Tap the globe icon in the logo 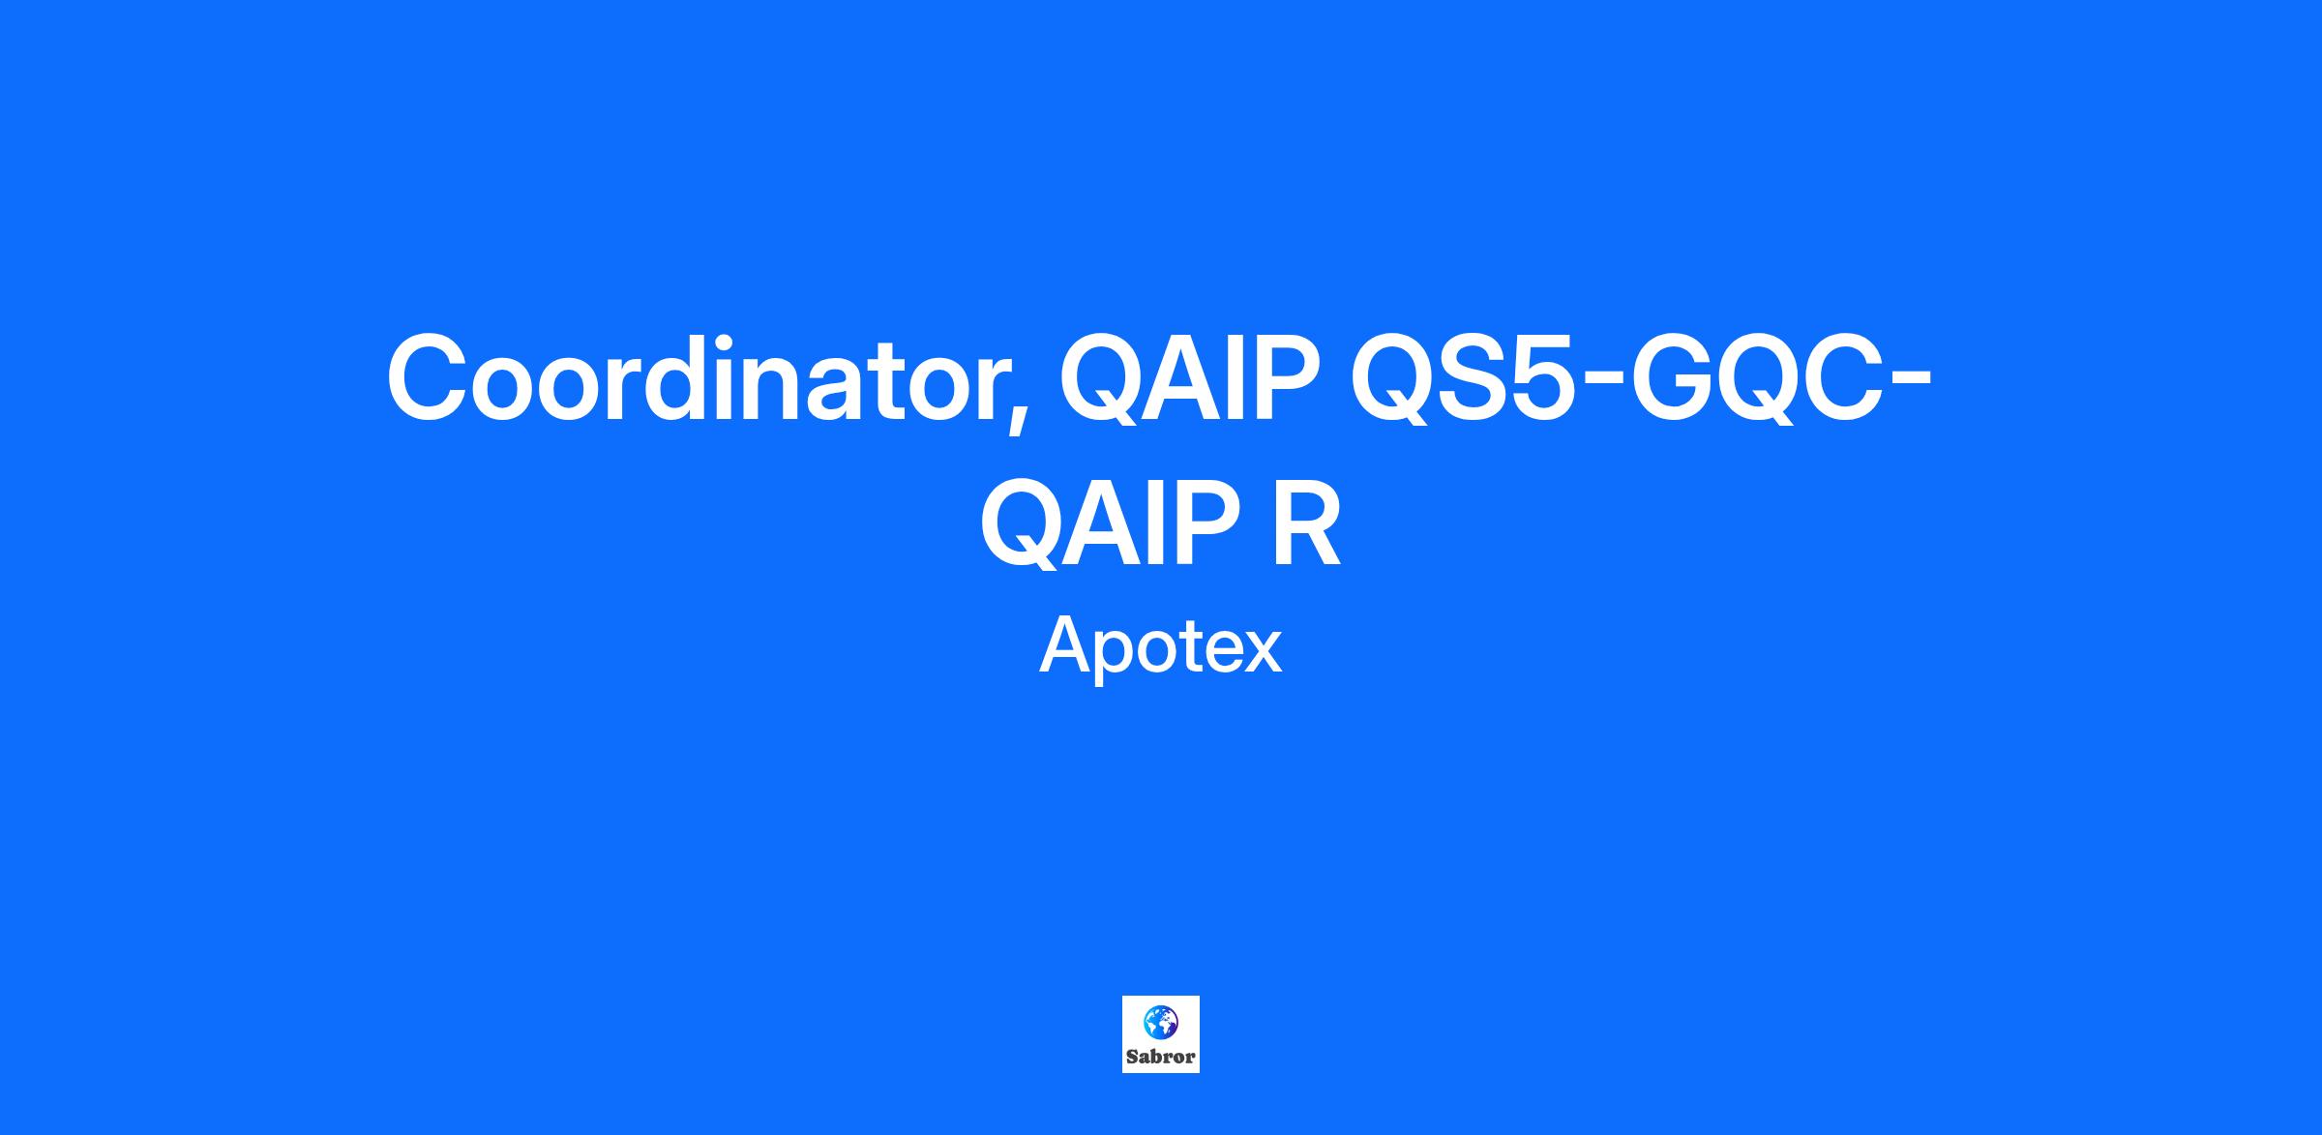[1160, 1022]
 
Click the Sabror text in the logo [1161, 1056]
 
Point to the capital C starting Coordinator [428, 377]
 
